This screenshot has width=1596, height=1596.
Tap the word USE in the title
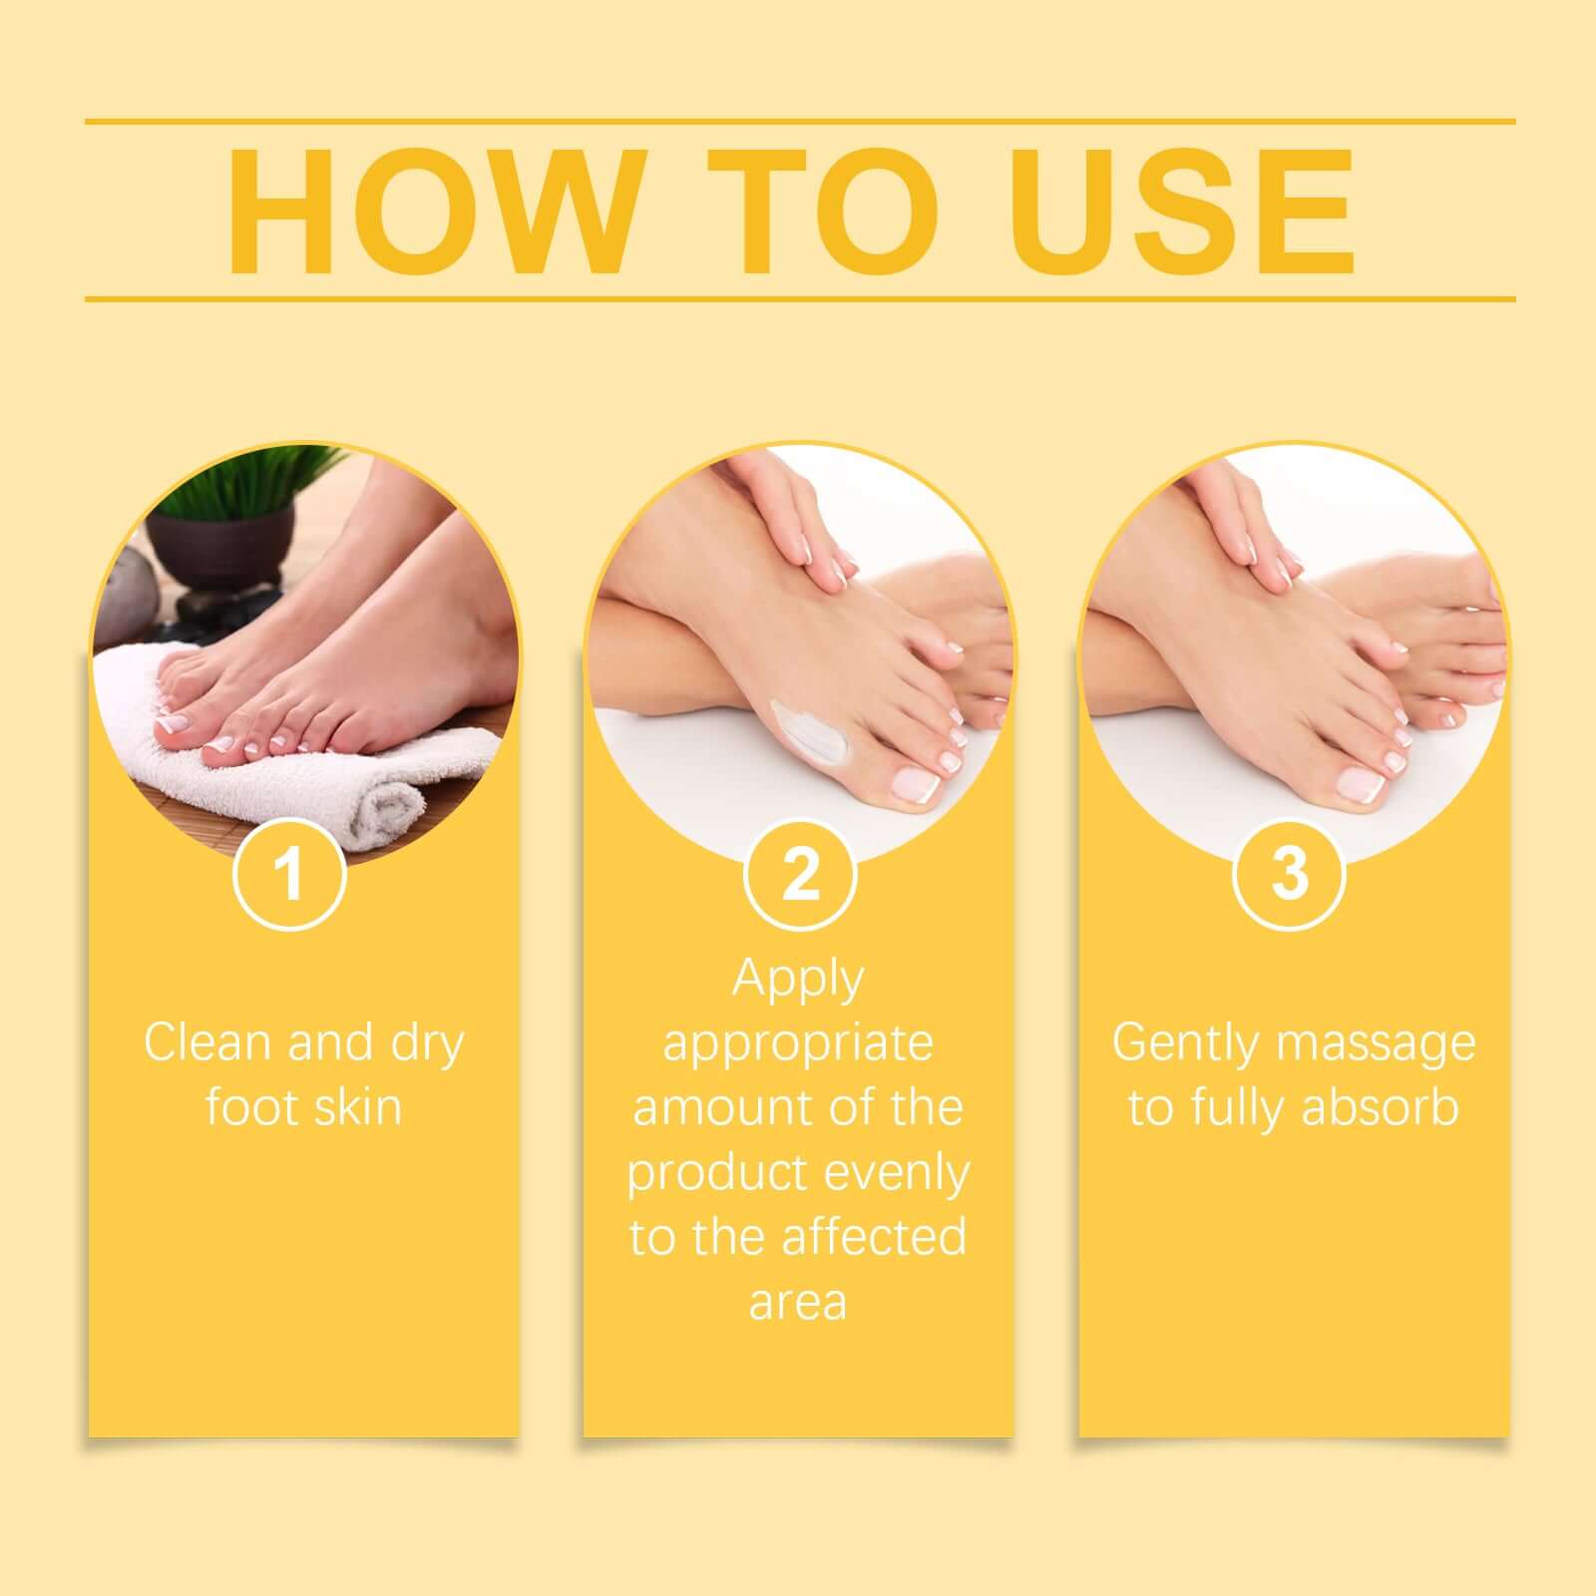(1184, 210)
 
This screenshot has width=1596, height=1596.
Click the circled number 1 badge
(289, 874)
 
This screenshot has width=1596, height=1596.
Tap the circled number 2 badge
(800, 874)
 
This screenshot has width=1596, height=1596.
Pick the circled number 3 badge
(1290, 874)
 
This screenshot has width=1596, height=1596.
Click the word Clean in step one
(207, 1042)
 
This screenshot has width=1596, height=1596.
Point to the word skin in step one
(355, 1107)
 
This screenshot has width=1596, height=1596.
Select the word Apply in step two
(798, 980)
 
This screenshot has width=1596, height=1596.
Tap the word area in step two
(798, 1302)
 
